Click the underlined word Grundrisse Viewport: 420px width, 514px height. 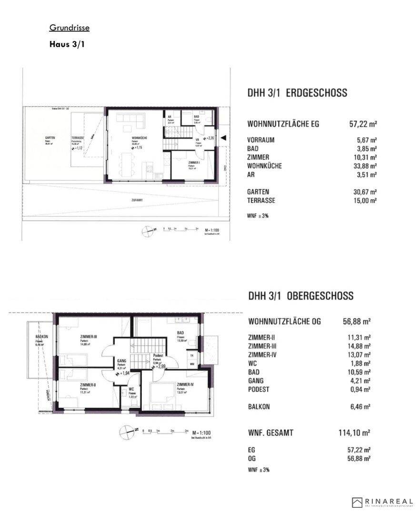pos(69,28)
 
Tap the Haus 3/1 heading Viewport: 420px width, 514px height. pos(67,45)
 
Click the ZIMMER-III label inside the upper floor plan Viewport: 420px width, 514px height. pos(89,337)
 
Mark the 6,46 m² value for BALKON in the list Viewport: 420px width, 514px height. pos(360,407)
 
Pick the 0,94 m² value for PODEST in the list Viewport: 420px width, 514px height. pos(360,389)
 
